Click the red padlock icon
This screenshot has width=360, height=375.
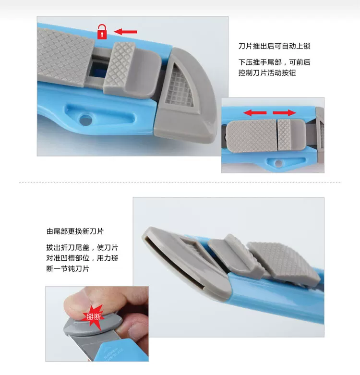[x=102, y=32]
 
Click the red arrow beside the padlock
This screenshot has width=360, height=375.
[x=125, y=32]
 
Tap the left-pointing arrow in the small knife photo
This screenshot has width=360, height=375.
[x=255, y=113]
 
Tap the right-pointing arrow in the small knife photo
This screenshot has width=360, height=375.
[x=284, y=113]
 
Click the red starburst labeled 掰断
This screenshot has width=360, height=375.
[x=93, y=316]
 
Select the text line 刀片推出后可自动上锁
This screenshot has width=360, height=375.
[x=274, y=46]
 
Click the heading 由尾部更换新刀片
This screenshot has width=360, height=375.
[x=75, y=231]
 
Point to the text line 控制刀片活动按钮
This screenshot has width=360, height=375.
[x=267, y=73]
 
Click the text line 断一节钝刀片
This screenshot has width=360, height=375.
[x=68, y=268]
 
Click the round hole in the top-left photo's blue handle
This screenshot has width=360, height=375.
[x=85, y=120]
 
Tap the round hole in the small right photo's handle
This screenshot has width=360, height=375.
[x=278, y=163]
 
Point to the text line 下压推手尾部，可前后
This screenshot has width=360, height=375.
[x=274, y=62]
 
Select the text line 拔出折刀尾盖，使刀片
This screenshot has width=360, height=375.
[x=82, y=248]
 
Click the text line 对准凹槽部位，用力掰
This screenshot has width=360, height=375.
[x=82, y=258]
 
